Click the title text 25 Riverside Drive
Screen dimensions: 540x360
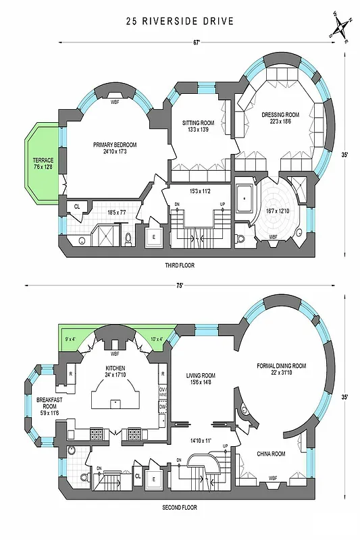coord(180,21)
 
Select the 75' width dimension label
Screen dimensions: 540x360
coord(180,286)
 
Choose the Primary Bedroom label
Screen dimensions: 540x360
coord(115,148)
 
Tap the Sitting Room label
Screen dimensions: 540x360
coord(198,126)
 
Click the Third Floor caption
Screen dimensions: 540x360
coord(180,265)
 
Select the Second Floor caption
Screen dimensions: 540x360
coord(180,507)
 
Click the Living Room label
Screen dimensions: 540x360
coord(200,379)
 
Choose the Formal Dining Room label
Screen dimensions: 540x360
coord(281,369)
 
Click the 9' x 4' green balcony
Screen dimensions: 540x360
coord(70,339)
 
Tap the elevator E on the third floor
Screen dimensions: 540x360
coord(153,236)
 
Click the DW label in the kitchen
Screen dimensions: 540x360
coord(163,407)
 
